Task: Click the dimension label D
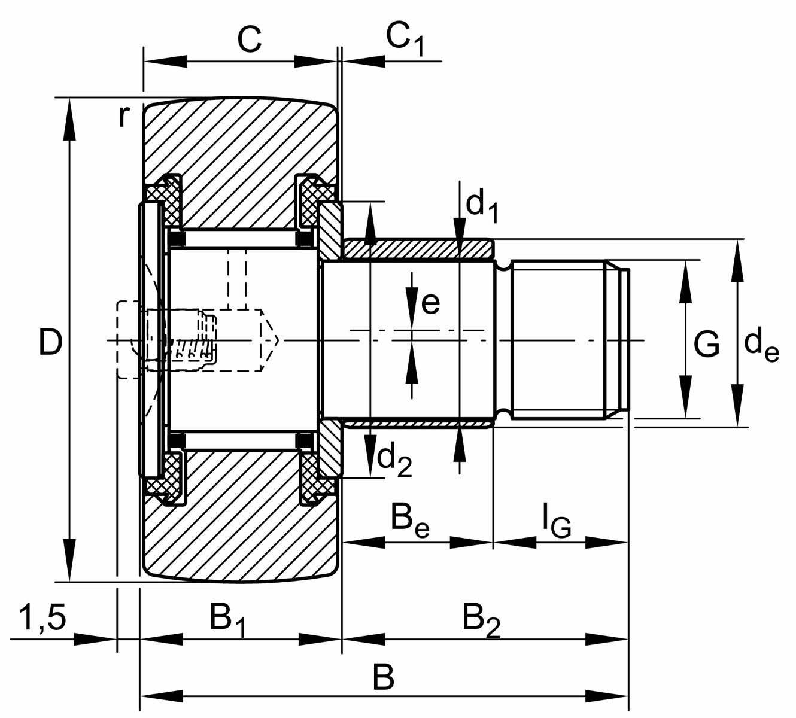pos(50,343)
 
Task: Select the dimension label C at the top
pos(249,40)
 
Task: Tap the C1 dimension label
pos(404,40)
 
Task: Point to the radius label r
pos(123,116)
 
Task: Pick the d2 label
pos(394,460)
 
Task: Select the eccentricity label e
pos(430,303)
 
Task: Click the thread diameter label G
pos(707,345)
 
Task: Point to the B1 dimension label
pos(227,619)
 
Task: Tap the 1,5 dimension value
pos(42,618)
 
